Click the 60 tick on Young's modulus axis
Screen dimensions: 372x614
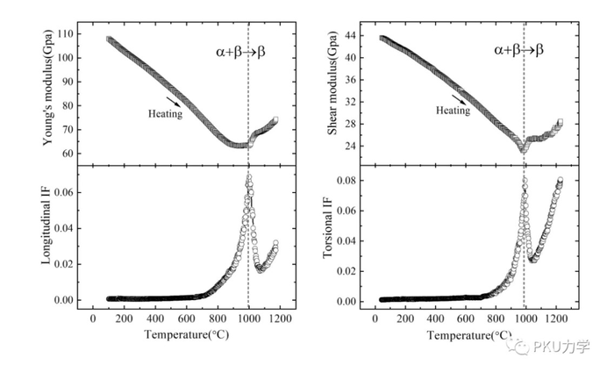(x=72, y=153)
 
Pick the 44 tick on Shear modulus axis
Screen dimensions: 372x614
(x=359, y=35)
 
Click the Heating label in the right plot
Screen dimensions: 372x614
(x=453, y=111)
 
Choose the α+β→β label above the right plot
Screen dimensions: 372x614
(x=518, y=50)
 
